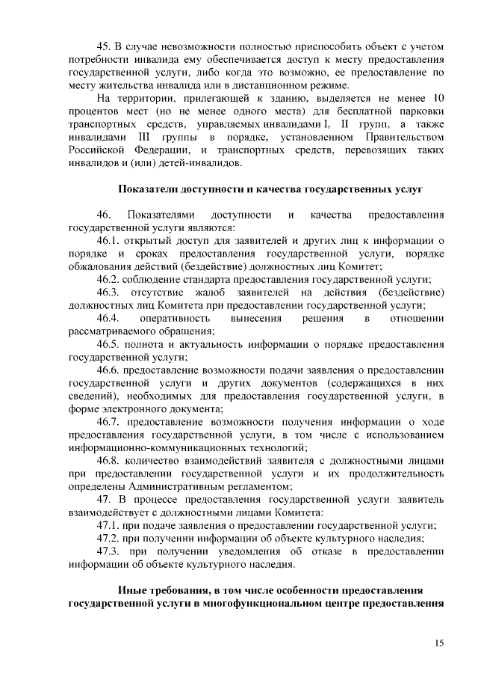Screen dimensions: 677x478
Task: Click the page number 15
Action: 438,643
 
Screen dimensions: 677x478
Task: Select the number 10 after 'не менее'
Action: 438,99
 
